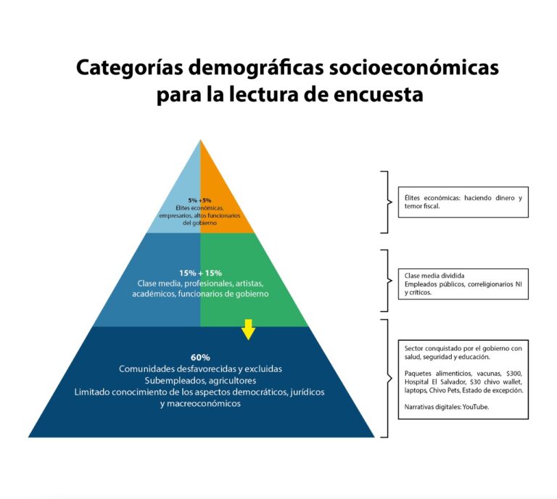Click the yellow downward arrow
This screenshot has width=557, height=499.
click(x=248, y=329)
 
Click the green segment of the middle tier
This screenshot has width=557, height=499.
click(x=249, y=281)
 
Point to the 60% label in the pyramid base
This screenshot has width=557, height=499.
click(x=200, y=358)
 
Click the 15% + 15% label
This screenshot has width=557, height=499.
click(x=200, y=273)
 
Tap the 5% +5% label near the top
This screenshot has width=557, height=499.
click(x=199, y=200)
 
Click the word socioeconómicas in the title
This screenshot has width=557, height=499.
click(x=414, y=67)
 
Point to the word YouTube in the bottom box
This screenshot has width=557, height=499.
click(x=476, y=407)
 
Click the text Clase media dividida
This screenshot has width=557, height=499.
click(x=434, y=276)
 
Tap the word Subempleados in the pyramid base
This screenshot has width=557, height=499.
click(x=175, y=381)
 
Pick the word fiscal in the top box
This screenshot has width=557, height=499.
click(x=431, y=206)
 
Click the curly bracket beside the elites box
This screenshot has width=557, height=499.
click(x=387, y=202)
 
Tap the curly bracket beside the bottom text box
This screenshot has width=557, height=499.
click(x=387, y=379)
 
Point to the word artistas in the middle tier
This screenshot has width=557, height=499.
click(x=249, y=284)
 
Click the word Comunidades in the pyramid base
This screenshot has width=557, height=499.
click(x=147, y=369)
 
